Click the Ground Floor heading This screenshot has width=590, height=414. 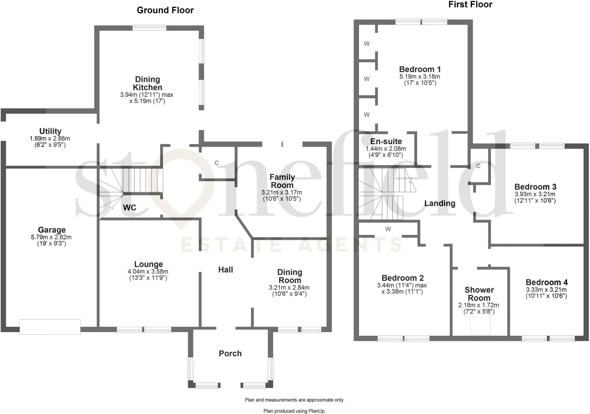(x=165, y=10)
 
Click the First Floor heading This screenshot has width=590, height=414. (x=470, y=5)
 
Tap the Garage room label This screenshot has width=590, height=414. (x=52, y=230)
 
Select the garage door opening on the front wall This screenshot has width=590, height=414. (x=50, y=327)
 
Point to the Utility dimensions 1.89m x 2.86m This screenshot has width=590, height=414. (x=50, y=139)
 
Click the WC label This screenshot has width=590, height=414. (x=129, y=208)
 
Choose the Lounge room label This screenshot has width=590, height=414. (x=148, y=264)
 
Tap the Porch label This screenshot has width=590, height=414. (x=230, y=353)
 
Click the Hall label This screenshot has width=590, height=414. (x=226, y=270)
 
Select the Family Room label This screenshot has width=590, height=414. (x=282, y=181)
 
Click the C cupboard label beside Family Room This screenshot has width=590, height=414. (x=217, y=163)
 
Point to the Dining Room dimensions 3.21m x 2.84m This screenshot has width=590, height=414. (x=289, y=288)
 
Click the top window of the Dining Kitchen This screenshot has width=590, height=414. (x=149, y=28)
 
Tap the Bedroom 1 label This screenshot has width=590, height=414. (x=420, y=69)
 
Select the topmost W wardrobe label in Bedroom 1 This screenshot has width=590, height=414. (x=367, y=44)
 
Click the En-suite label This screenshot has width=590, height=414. (x=386, y=142)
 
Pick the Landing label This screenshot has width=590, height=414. (x=440, y=204)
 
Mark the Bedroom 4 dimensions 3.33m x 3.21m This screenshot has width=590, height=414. (x=546, y=290)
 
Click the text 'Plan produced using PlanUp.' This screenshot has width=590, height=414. (x=294, y=411)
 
